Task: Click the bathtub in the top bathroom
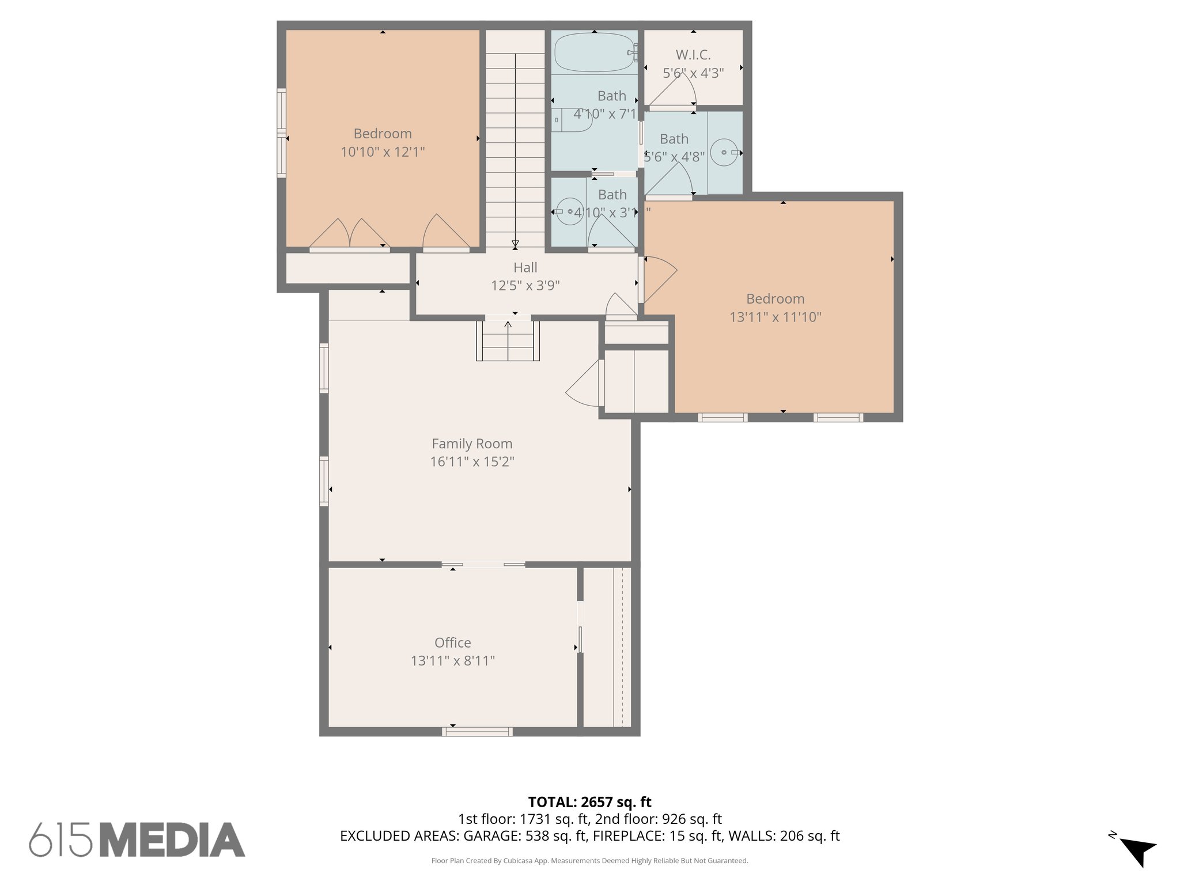[594, 53]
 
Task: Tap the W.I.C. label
[693, 55]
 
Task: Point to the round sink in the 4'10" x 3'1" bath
[570, 212]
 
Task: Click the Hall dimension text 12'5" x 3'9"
[525, 286]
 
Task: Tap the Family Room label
[472, 444]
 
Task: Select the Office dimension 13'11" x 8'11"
[452, 661]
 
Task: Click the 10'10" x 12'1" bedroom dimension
[383, 152]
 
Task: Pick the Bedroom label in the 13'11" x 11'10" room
[775, 298]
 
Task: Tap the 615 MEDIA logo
[137, 839]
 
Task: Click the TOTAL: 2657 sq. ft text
[589, 802]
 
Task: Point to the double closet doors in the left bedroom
[350, 235]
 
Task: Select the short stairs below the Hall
[508, 341]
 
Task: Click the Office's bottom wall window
[477, 732]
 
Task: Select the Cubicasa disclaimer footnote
[589, 861]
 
